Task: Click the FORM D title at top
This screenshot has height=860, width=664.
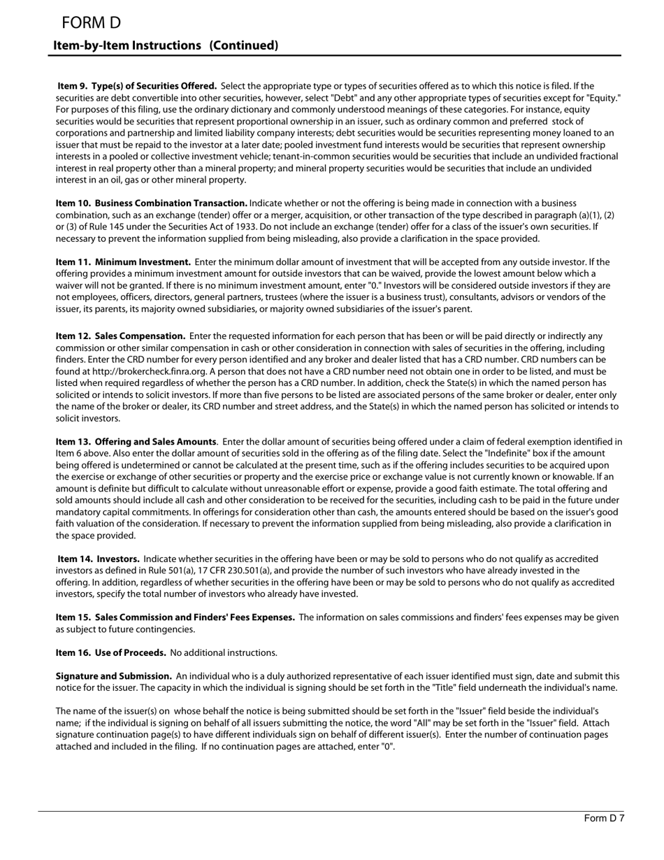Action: click(91, 23)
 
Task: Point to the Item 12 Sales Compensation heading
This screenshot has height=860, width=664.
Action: click(120, 336)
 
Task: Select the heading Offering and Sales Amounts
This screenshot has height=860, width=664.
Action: click(155, 442)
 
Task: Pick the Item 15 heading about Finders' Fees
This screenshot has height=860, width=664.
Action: click(175, 617)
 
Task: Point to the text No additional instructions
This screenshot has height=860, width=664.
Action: click(224, 652)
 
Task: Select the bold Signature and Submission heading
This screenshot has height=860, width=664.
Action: click(113, 676)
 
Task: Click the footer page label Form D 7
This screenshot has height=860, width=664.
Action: click(604, 819)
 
